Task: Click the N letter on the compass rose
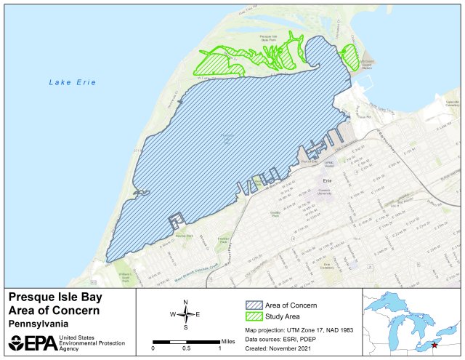coord(186,302)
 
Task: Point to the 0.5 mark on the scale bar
coord(186,348)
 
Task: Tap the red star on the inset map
coord(434,345)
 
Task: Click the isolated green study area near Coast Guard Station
coord(350,57)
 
